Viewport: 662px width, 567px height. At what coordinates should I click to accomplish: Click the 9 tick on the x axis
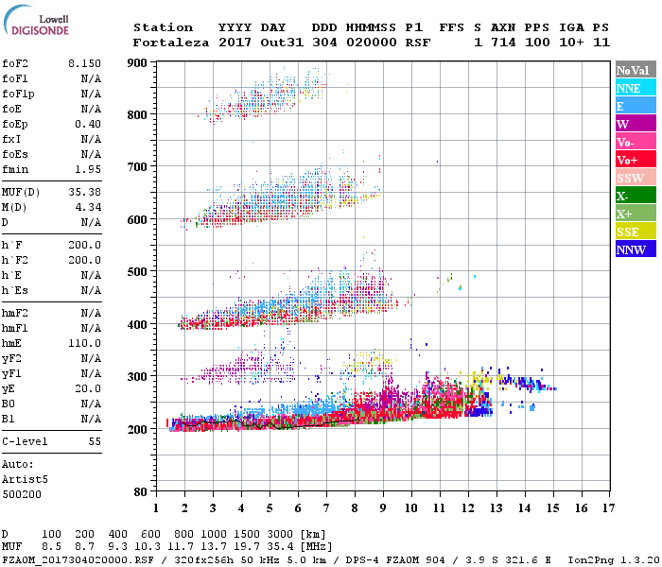tap(383, 508)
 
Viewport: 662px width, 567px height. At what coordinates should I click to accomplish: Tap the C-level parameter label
tap(26, 441)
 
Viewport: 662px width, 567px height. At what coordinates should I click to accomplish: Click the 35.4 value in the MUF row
tap(285, 547)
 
